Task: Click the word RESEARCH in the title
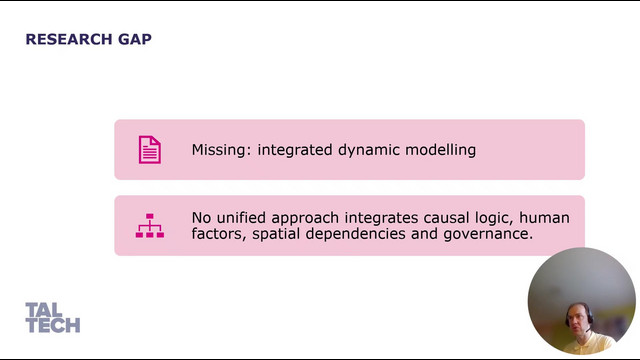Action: (69, 39)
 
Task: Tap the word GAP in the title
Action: (135, 39)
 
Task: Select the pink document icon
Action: (150, 150)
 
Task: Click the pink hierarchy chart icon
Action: (150, 225)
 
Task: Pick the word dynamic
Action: (369, 150)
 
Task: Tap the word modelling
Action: (441, 150)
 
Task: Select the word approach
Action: (305, 219)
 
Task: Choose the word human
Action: (544, 218)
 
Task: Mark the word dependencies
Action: (356, 235)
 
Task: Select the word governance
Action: (488, 235)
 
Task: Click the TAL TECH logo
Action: (53, 318)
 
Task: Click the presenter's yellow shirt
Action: (588, 344)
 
